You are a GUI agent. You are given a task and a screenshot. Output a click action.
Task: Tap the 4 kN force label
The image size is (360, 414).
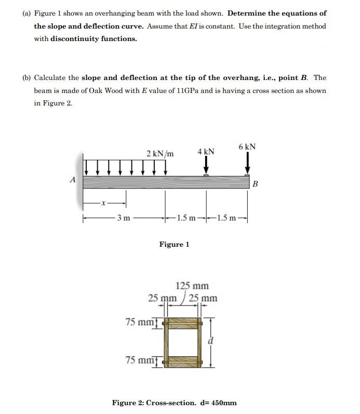click(206, 152)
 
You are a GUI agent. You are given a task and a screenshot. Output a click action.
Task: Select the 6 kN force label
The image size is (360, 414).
click(247, 147)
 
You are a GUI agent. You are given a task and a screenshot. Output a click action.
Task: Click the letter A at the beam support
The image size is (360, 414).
click(73, 180)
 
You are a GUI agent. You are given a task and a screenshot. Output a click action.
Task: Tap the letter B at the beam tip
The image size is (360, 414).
click(255, 184)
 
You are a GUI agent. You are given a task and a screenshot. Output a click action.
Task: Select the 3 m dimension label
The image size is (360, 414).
click(123, 217)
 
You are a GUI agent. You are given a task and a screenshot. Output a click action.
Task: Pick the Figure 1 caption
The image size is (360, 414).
click(174, 244)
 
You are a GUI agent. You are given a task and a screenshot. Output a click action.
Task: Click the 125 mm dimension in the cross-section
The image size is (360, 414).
click(192, 286)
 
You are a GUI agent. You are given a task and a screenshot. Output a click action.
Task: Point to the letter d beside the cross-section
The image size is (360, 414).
click(210, 341)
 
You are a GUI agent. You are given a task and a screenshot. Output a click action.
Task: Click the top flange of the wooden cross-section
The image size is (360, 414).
click(182, 323)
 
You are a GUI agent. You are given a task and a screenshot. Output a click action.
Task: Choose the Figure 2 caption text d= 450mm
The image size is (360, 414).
click(217, 403)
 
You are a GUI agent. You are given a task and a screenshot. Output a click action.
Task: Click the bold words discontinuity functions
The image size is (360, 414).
click(94, 38)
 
